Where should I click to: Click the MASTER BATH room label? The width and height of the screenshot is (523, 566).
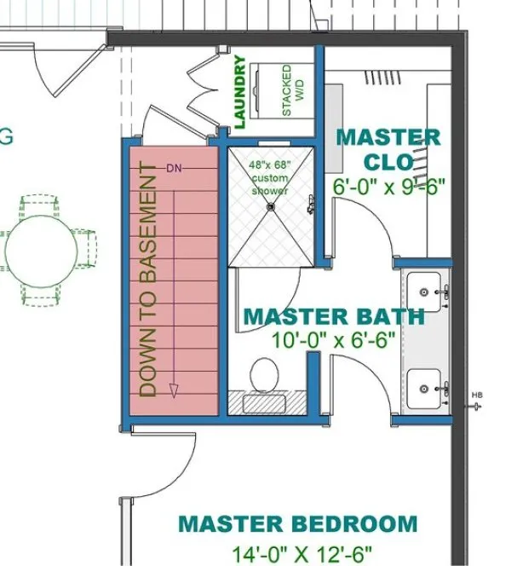click(333, 316)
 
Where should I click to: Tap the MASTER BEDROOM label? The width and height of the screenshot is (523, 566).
click(298, 523)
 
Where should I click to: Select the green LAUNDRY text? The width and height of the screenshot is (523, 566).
click(240, 92)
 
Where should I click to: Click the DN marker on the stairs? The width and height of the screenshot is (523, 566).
click(175, 167)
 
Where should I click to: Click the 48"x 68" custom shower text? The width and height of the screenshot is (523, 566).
click(270, 177)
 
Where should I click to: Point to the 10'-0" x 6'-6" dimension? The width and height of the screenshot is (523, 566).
click(334, 340)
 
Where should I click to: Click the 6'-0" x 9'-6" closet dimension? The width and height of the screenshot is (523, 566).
click(390, 187)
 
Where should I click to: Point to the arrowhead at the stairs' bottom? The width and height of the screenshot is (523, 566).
click(175, 390)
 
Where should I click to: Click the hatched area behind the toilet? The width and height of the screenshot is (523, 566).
click(265, 402)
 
